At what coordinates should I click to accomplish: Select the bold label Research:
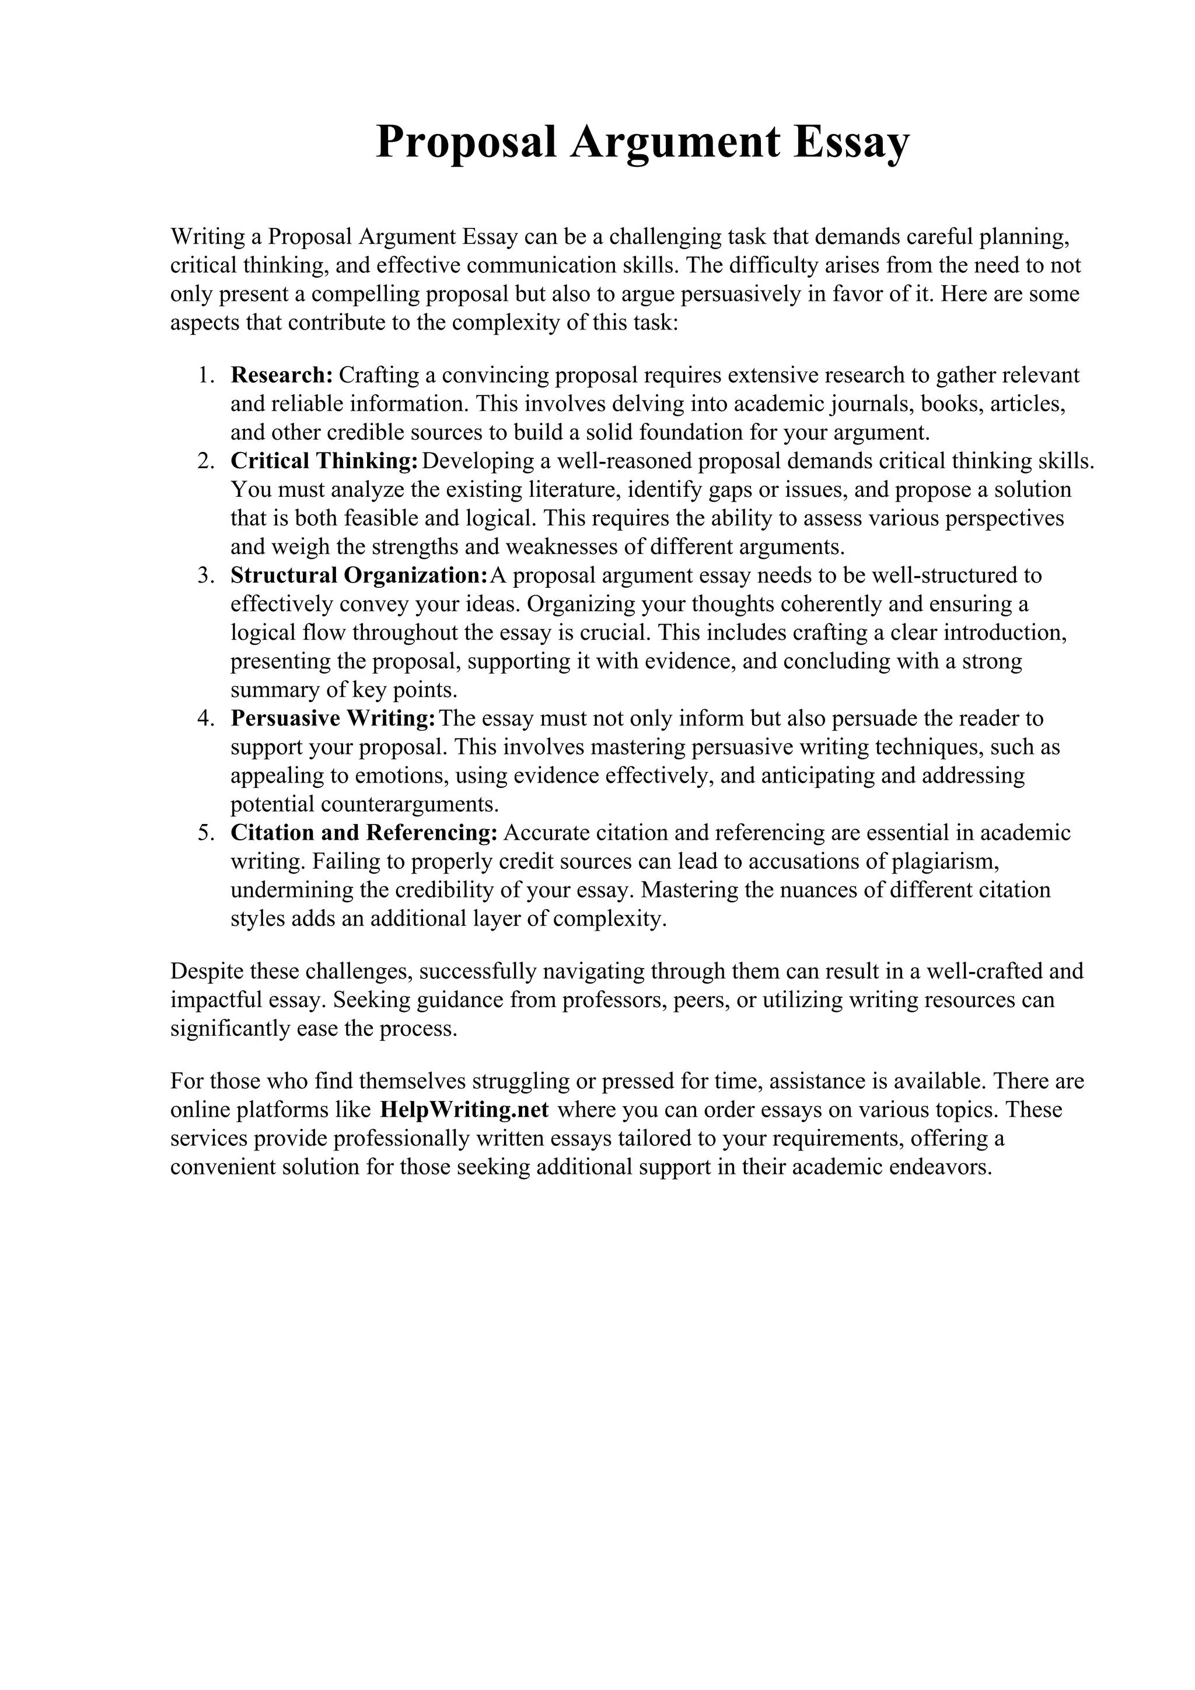[x=282, y=376]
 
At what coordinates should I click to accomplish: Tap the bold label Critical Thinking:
[x=324, y=461]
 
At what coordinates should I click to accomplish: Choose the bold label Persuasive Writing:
[x=333, y=718]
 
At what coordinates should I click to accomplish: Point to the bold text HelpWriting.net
[x=464, y=1110]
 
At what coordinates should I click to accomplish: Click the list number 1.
[x=205, y=376]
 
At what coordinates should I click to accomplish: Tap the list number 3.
[x=205, y=576]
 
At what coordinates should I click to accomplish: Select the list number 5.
[x=205, y=833]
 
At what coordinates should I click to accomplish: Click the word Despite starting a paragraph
[x=207, y=972]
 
